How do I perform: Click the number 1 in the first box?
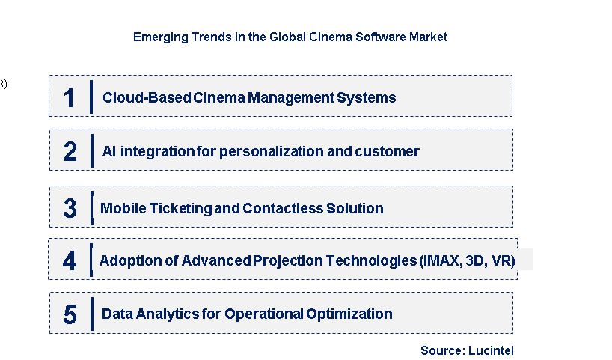(69, 97)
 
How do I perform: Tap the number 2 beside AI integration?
(70, 151)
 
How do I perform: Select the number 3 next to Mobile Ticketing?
(70, 208)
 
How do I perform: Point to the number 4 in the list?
(70, 260)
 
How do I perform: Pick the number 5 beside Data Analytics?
(70, 314)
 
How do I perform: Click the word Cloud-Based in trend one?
(147, 97)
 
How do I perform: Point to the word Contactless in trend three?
(283, 208)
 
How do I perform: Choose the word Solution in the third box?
(355, 208)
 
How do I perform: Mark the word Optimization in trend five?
(349, 314)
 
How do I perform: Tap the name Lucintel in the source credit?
(491, 350)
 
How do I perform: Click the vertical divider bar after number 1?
(91, 97)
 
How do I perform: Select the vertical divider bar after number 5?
(92, 314)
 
